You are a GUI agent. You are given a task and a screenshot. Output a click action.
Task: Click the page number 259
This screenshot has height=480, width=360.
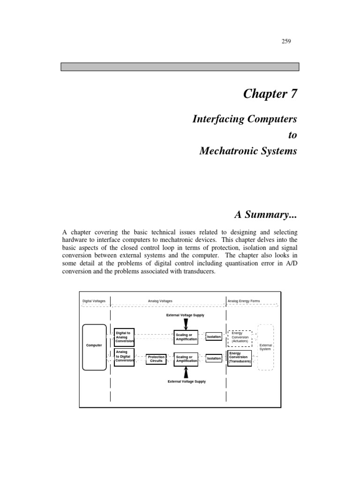tap(286, 42)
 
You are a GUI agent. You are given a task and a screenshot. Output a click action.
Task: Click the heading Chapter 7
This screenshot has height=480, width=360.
tap(270, 94)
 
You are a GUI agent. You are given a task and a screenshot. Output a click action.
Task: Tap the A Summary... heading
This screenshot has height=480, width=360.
tap(266, 215)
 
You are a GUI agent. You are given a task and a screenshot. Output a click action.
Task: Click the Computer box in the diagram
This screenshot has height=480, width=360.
tap(94, 345)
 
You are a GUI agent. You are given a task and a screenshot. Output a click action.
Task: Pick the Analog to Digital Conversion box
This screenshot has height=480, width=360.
tap(124, 358)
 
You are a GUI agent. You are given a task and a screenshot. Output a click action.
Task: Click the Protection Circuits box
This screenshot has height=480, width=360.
tap(156, 359)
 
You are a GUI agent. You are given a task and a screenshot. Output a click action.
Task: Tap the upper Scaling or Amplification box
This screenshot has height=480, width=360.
tap(186, 337)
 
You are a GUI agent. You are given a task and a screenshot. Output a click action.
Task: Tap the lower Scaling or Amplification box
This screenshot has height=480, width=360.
tap(186, 359)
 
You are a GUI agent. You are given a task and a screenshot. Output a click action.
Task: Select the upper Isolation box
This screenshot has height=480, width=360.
tap(214, 337)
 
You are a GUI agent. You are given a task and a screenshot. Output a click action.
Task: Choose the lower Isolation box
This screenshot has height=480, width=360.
tap(214, 359)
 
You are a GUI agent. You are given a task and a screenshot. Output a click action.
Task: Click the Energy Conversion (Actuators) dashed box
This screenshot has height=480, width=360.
tap(240, 337)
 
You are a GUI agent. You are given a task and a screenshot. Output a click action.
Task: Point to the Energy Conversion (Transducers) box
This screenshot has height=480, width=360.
tap(240, 358)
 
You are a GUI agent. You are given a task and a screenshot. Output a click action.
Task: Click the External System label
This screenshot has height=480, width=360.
tap(266, 347)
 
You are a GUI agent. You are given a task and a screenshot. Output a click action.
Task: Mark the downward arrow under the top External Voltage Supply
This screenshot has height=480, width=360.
tap(186, 323)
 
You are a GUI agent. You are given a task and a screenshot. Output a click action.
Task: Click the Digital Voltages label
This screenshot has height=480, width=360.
tap(94, 301)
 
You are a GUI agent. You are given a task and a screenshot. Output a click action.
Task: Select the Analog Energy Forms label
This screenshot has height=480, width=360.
tap(244, 301)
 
